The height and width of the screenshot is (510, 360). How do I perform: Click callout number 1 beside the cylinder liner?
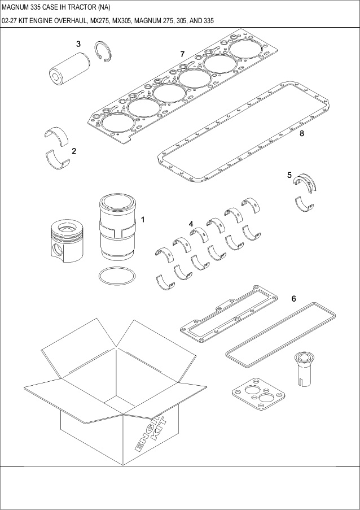(143, 219)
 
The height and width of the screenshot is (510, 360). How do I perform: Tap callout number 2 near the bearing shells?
(74, 151)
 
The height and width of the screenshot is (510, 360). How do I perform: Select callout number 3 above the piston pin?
(78, 43)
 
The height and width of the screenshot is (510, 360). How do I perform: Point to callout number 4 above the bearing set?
(191, 224)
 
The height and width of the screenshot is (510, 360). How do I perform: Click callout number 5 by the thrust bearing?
(289, 175)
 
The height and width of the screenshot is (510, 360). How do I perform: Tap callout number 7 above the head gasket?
(182, 54)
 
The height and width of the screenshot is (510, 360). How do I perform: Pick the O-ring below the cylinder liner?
(117, 277)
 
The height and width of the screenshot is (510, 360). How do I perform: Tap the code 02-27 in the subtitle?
(11, 21)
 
